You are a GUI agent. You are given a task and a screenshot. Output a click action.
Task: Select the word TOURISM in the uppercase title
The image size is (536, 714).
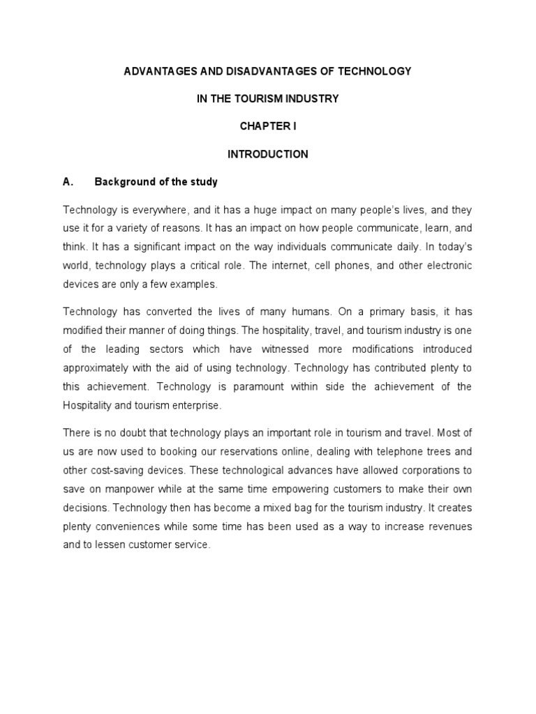click(x=264, y=99)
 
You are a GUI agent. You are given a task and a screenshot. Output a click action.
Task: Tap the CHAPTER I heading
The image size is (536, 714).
click(x=268, y=127)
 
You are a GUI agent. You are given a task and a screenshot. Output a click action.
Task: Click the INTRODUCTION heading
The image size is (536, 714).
click(x=268, y=154)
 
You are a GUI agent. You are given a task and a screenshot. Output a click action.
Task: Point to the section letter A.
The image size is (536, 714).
click(x=68, y=182)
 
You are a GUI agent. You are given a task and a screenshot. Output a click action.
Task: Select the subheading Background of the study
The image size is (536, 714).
click(x=156, y=182)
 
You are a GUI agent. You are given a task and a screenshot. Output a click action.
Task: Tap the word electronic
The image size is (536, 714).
click(x=446, y=266)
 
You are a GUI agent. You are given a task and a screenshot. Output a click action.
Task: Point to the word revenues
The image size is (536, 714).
click(x=445, y=526)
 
